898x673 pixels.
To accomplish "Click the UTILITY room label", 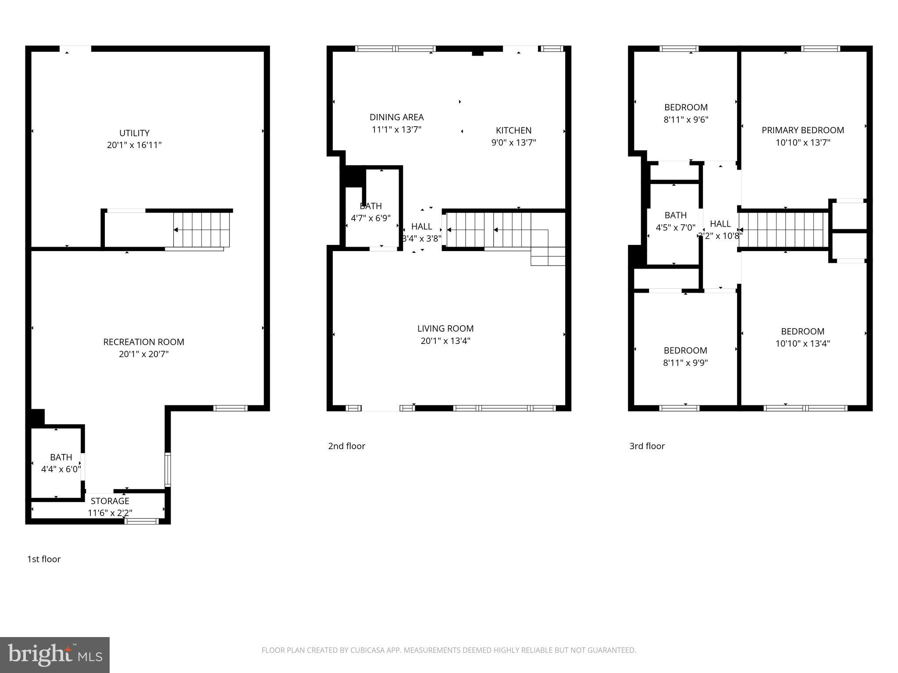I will coord(134,133).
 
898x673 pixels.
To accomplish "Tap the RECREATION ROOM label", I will coord(143,342).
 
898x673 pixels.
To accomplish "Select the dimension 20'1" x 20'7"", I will coord(143,354).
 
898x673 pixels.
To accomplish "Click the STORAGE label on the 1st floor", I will coord(110,501).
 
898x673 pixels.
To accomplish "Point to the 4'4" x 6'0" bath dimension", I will coord(61,469).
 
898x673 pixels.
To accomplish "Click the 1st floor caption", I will coord(44,559).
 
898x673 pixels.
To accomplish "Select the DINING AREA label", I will coord(396,117).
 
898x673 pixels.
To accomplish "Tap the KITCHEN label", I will coord(513,130).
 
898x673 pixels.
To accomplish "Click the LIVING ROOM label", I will coord(445,328).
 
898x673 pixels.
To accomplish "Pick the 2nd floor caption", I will coord(346,446).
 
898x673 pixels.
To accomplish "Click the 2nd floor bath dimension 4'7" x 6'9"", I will coord(371,218).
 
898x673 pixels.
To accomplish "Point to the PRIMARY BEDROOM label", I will coord(802,130).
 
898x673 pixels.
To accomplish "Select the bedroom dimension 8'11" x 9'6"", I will coord(686,120).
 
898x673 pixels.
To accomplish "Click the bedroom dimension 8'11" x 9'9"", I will coord(685,363).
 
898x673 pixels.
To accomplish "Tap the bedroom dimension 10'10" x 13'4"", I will coord(802,344).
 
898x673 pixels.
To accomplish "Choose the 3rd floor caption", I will coord(647,446).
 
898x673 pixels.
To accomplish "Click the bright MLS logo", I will coord(55,655).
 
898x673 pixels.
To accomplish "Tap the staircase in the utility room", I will coord(202,230).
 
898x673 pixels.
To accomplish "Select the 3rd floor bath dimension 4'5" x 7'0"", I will coord(675,228).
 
